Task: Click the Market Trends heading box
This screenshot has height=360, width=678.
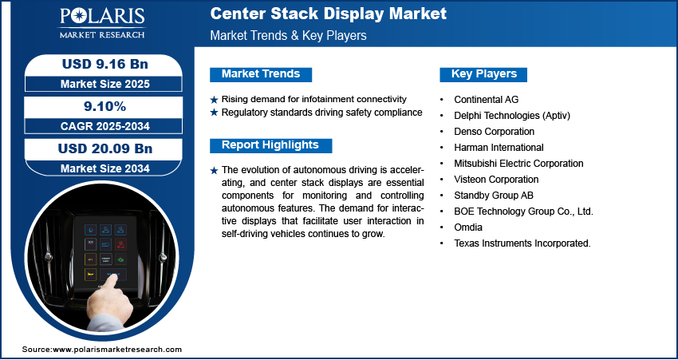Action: (x=261, y=74)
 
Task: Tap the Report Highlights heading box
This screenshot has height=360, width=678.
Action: (x=270, y=145)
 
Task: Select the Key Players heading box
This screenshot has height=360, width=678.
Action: (x=484, y=74)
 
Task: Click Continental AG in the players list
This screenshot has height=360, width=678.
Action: (x=486, y=99)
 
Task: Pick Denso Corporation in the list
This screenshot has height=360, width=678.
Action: (x=495, y=131)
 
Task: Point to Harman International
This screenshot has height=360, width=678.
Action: (x=499, y=147)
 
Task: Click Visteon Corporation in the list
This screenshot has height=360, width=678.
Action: (x=496, y=180)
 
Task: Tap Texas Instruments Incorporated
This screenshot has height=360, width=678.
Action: (x=522, y=243)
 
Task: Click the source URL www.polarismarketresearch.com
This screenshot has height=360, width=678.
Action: (x=117, y=350)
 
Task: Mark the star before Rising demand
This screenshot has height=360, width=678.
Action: (x=214, y=99)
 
